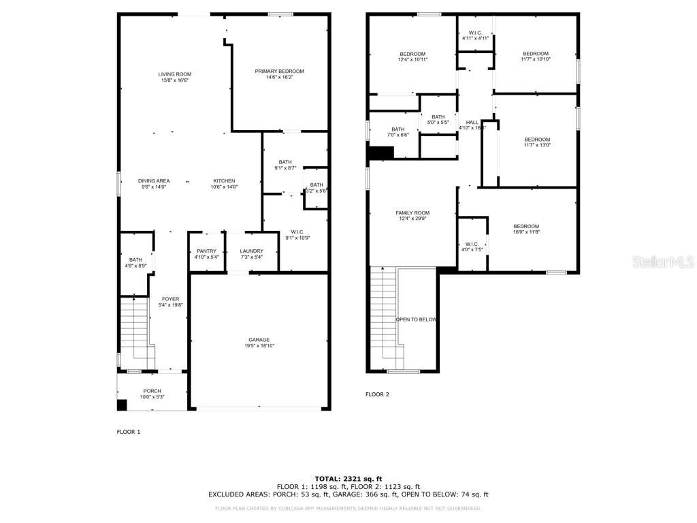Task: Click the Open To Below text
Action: [x=416, y=319]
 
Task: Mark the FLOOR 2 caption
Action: [x=377, y=394]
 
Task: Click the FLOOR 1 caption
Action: [x=129, y=432]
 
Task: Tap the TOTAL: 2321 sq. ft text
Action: [x=348, y=478]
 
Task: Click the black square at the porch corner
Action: [x=122, y=405]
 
